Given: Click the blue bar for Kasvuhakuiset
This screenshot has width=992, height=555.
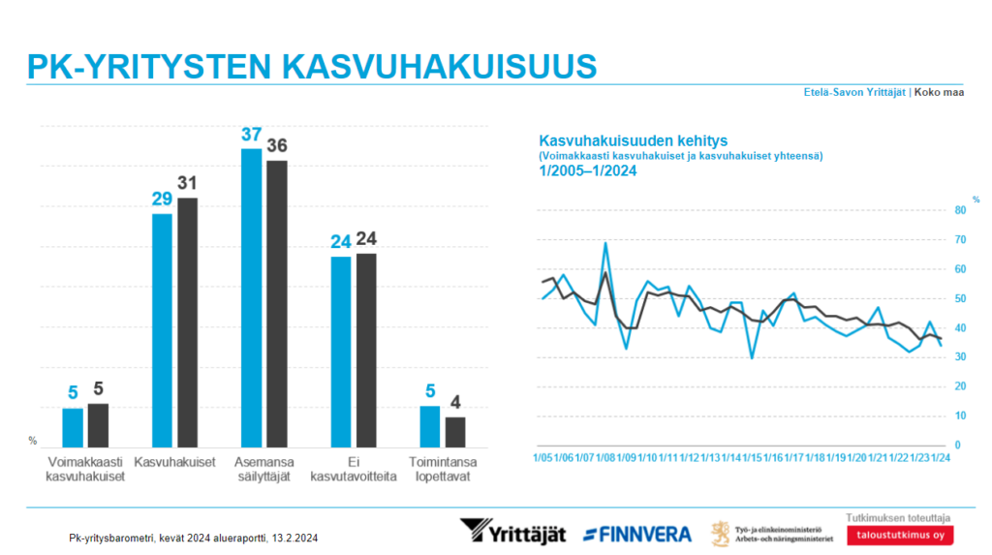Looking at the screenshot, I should tap(162, 329).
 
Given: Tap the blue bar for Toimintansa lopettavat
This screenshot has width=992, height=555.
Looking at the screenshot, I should tap(429, 425).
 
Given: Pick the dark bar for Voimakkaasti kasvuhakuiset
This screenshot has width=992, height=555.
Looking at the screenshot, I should tap(98, 424).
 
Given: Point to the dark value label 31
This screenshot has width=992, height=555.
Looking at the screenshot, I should tap(188, 183).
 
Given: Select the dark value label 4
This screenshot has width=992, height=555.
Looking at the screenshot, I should tap(455, 402).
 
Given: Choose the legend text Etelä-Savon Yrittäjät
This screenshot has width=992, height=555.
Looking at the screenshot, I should tap(854, 93).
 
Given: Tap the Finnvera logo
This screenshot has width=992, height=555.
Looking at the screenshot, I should tap(637, 534).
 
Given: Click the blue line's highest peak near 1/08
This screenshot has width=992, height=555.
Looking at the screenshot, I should tap(605, 243).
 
